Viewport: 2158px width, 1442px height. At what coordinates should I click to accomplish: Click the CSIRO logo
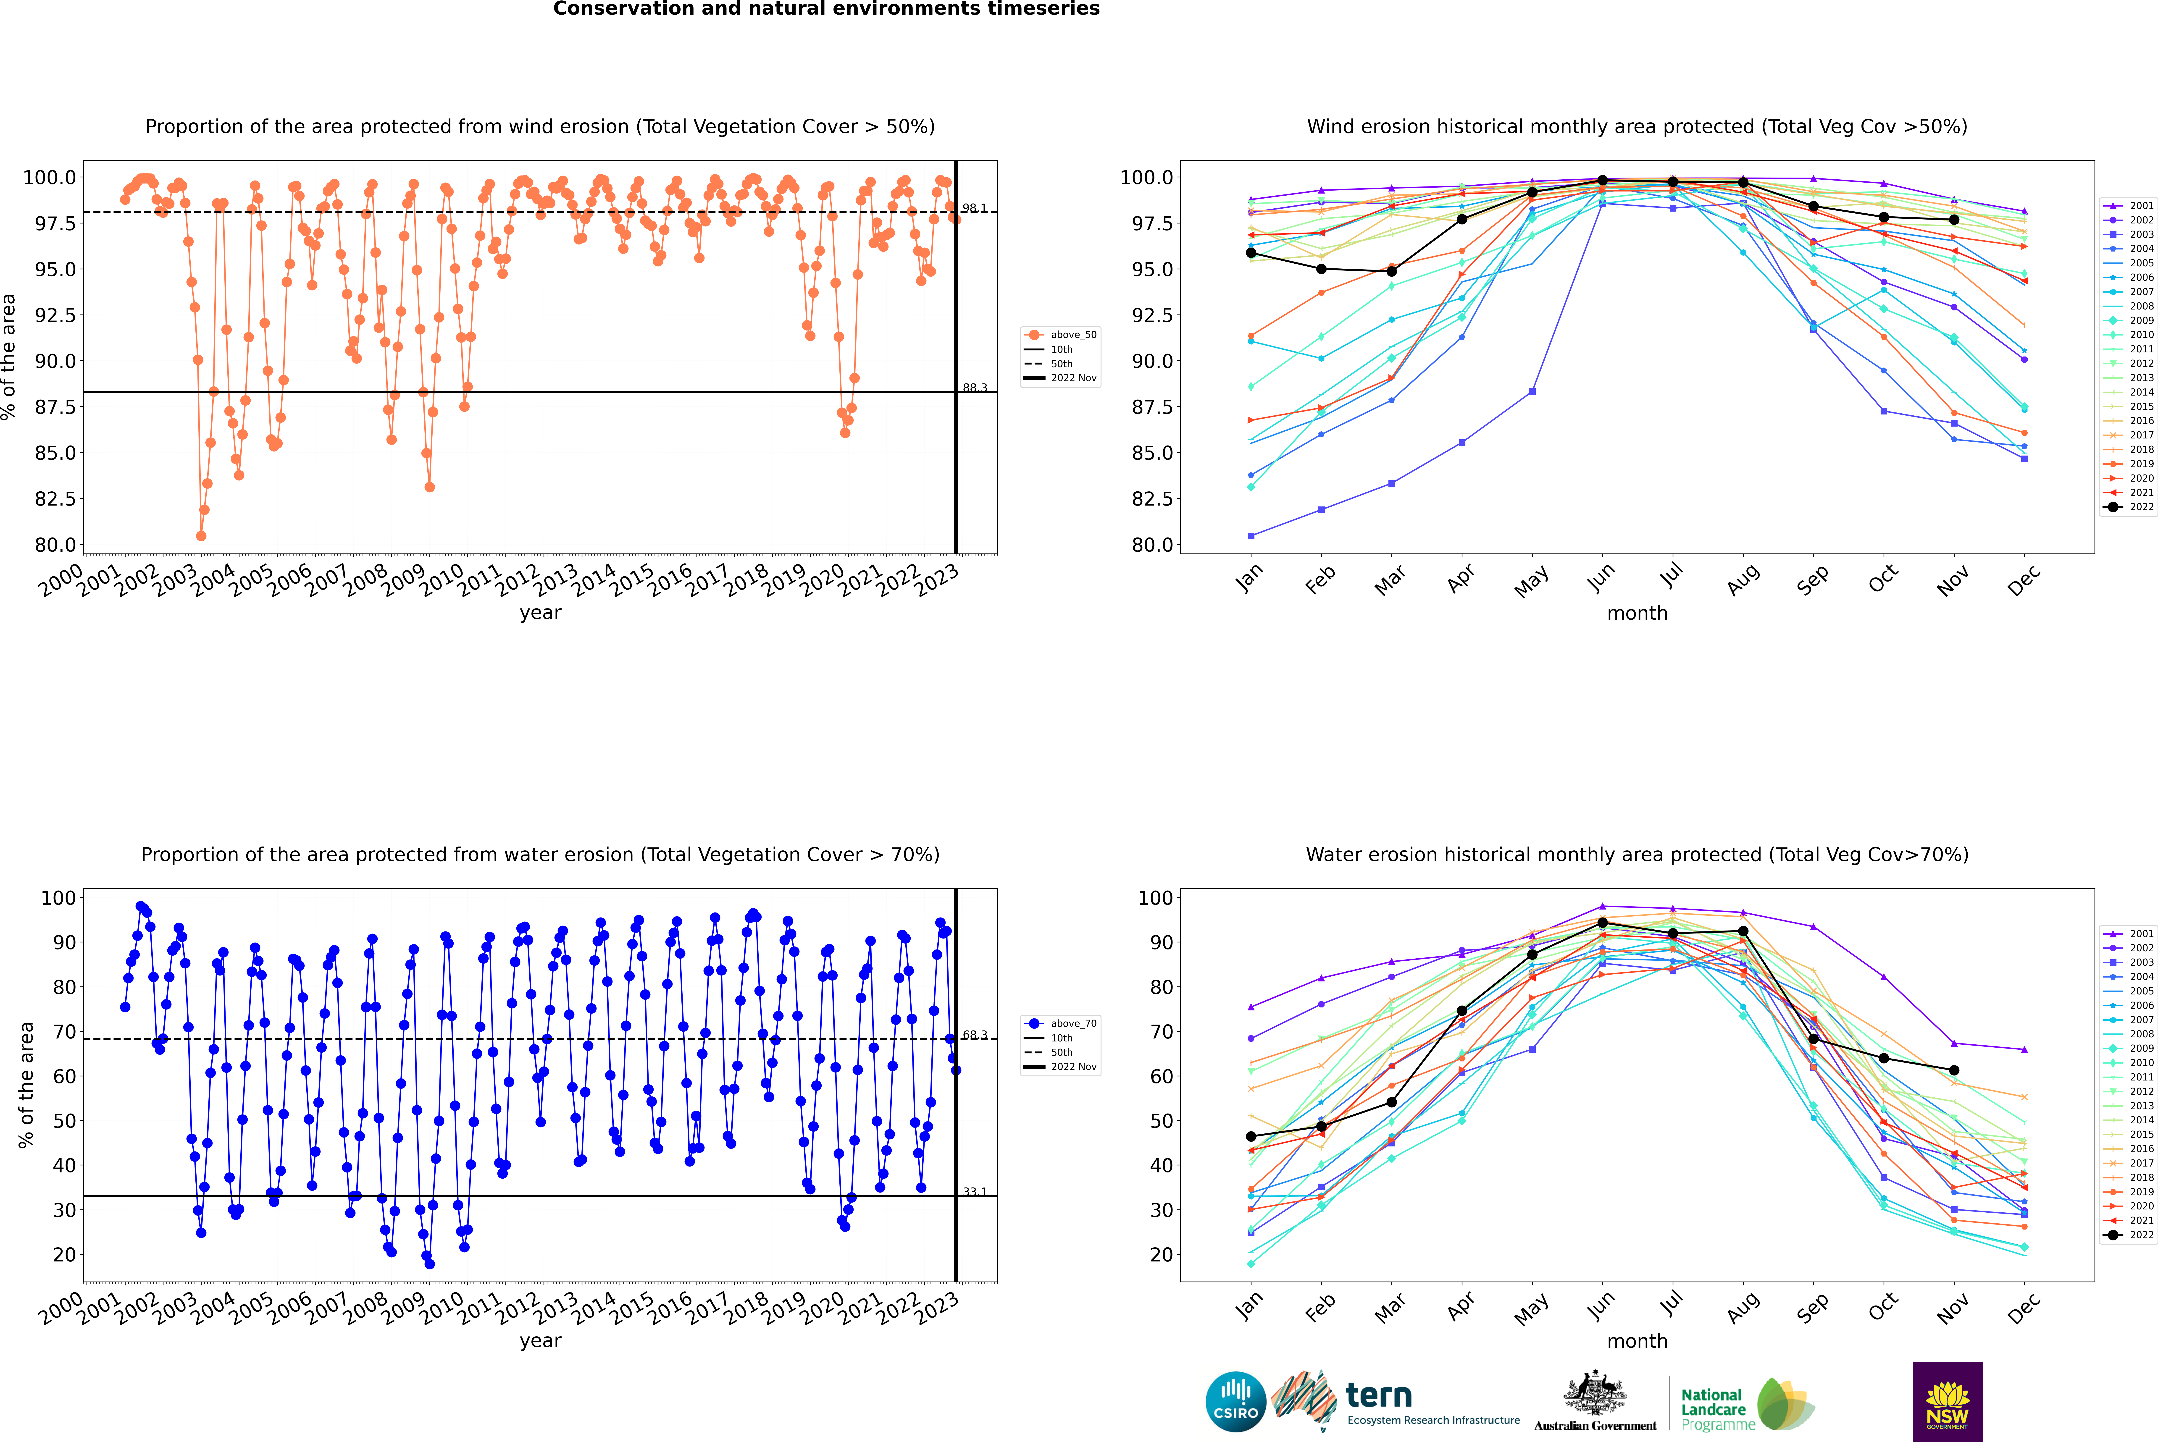tap(1235, 1402)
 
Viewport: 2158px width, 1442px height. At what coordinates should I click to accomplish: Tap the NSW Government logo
tap(1947, 1402)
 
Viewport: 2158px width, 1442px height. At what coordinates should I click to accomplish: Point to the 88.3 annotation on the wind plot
tap(974, 388)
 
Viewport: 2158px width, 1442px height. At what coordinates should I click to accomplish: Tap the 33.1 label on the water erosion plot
tap(974, 1192)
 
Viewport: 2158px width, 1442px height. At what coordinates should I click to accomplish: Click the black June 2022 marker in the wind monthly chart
tap(1602, 180)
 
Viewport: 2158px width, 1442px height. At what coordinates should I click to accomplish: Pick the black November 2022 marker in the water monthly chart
tap(1954, 1070)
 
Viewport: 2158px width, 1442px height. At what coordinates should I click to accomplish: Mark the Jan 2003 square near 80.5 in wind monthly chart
tap(1251, 535)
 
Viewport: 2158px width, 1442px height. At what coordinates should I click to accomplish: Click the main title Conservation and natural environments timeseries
tap(826, 9)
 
